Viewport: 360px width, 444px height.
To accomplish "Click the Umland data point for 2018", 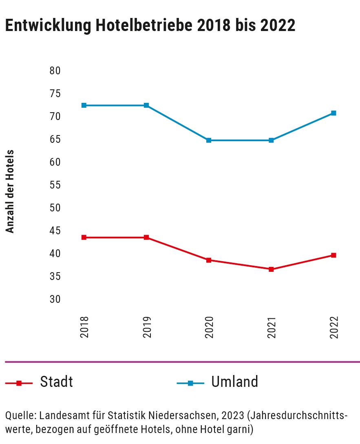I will (84, 105).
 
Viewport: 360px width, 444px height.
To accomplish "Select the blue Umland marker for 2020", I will (209, 140).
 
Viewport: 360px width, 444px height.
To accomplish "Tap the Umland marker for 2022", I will (333, 113).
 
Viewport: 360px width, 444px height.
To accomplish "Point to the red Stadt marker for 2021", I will (271, 269).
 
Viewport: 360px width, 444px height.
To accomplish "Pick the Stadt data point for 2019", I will (146, 238).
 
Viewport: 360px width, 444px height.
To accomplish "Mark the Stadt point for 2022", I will (333, 255).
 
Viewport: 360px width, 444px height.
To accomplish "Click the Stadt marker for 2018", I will (84, 238).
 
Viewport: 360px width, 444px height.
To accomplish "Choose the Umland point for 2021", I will (271, 140).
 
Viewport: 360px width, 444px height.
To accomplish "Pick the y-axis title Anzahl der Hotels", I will (10, 192).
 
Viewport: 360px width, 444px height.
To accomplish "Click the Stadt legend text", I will (57, 382).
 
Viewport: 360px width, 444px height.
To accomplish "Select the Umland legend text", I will (234, 382).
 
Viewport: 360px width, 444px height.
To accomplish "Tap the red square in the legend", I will (19, 383).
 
